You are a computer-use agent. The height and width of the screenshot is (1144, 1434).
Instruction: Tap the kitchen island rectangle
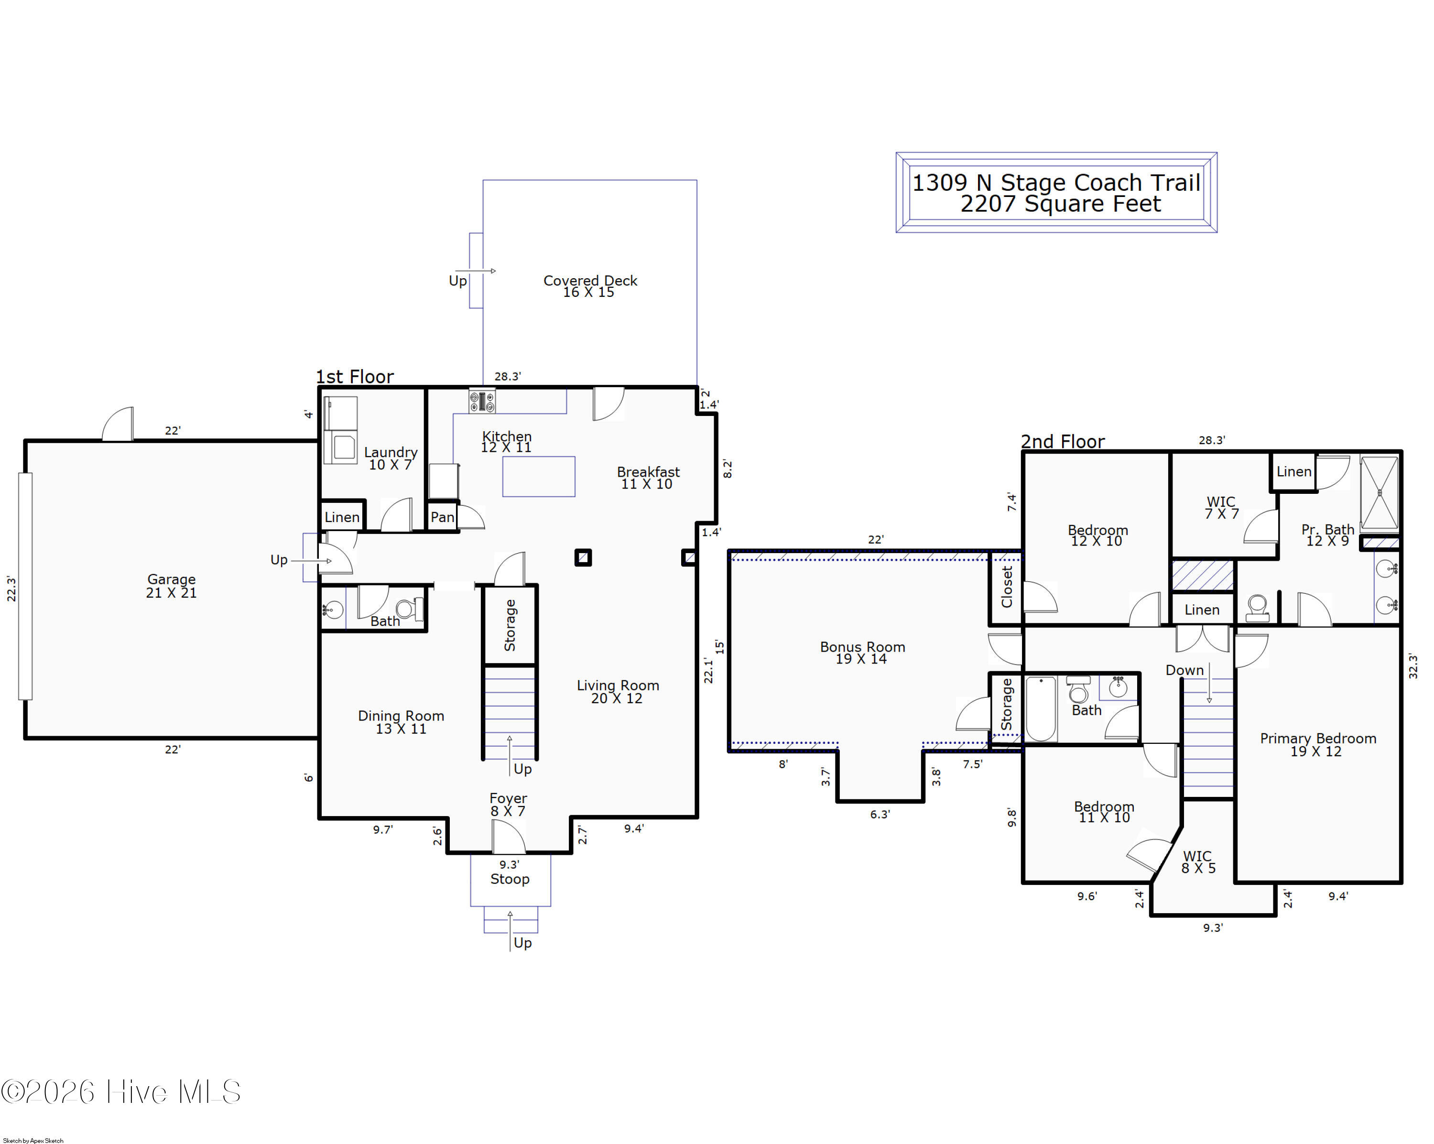[539, 476]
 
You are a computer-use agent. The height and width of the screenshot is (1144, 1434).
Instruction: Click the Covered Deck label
[590, 286]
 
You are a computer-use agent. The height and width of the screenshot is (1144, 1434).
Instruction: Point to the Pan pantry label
[442, 517]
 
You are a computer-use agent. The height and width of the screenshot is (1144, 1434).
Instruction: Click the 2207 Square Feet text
[1060, 204]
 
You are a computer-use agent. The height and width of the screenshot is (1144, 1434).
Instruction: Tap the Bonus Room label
[862, 653]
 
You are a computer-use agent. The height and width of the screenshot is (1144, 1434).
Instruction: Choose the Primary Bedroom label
[1317, 744]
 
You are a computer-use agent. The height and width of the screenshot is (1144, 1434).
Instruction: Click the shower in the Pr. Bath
[1380, 493]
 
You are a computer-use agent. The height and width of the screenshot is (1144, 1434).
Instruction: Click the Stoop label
[510, 879]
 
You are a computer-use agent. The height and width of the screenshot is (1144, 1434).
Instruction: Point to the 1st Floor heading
[355, 376]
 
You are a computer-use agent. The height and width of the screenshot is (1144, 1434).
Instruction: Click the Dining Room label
[401, 722]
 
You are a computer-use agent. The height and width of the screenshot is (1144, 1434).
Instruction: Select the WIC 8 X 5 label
[1198, 862]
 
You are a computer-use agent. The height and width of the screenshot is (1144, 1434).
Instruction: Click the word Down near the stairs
[1184, 670]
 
